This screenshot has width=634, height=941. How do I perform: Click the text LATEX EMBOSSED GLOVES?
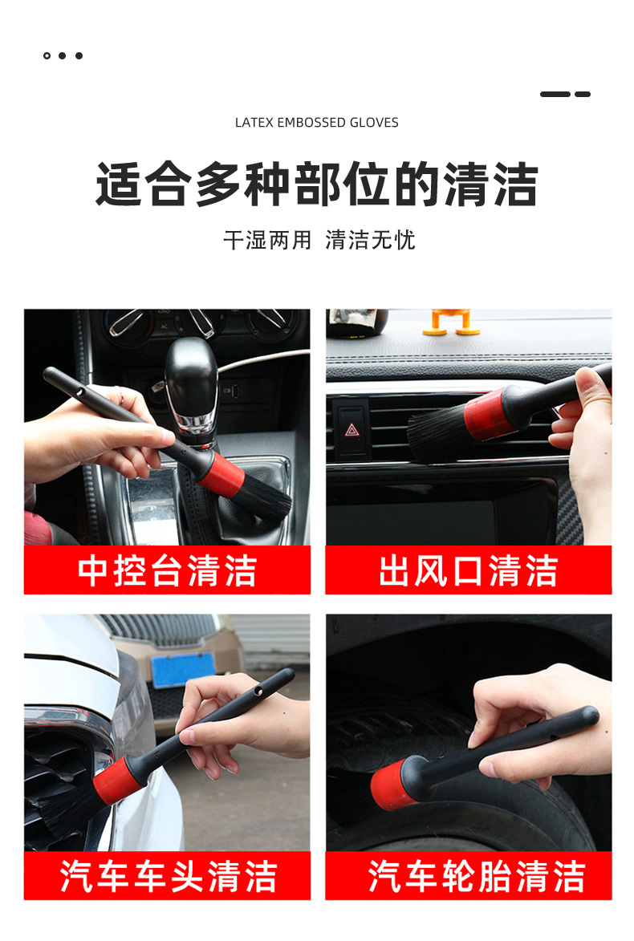[316, 123]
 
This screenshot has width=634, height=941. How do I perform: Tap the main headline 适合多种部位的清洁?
[316, 185]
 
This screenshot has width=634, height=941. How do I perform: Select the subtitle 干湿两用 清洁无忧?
[319, 240]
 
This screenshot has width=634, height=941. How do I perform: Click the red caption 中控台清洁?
[167, 570]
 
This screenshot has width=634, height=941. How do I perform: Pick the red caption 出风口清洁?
[469, 570]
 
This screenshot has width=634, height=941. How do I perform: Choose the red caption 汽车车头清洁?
[168, 876]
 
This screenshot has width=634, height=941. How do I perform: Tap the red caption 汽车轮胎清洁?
[476, 876]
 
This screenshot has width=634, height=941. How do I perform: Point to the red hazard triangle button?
[352, 429]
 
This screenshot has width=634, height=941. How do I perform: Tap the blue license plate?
[183, 669]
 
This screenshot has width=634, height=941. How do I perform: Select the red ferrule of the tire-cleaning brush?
[394, 785]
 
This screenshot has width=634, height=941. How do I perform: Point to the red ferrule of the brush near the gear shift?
[221, 475]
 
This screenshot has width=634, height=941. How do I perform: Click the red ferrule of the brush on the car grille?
[118, 781]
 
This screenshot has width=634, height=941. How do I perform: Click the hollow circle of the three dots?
[47, 56]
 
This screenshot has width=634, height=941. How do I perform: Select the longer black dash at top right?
[555, 94]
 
